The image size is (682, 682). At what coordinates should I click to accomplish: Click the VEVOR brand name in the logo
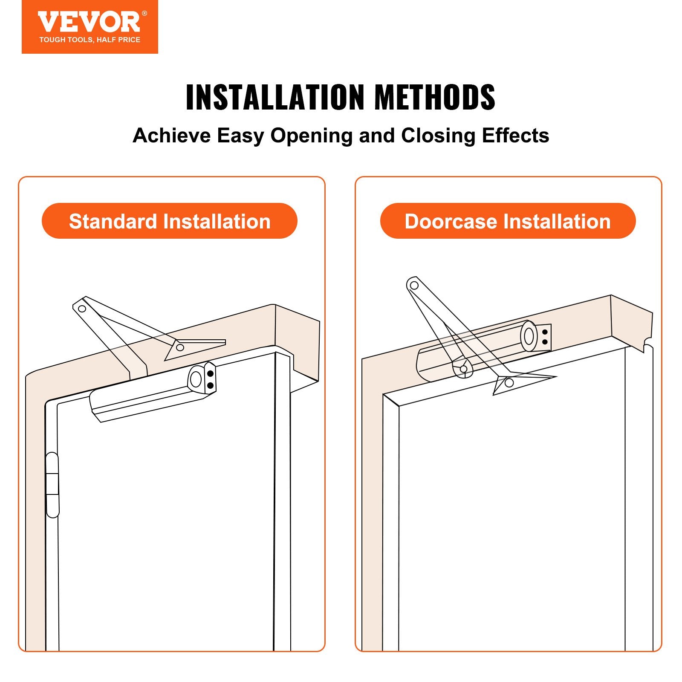tap(89, 22)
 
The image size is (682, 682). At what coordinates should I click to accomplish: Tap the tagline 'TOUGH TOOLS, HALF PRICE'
tap(90, 40)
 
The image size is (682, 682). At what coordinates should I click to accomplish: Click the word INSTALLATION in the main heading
tap(275, 98)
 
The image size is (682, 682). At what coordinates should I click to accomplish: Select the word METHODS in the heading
tap(434, 98)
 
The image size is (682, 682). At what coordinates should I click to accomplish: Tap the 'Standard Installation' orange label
tap(169, 221)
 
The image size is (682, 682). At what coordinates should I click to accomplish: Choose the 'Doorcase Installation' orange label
tap(507, 221)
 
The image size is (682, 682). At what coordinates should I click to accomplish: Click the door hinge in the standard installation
tap(52, 485)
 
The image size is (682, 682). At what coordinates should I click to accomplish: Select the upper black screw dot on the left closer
tap(210, 374)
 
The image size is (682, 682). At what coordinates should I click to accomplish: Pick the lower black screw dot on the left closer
tap(210, 385)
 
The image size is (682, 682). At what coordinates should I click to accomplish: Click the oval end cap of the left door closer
tap(196, 379)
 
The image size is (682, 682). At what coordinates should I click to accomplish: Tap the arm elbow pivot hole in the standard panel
tap(82, 309)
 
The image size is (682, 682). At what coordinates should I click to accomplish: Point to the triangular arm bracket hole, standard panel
tap(180, 347)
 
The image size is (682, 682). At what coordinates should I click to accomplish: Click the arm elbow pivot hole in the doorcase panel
tap(413, 285)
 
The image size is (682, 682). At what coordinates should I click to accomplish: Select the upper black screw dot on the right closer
tap(545, 332)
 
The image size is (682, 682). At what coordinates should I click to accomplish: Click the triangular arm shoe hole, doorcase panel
tap(509, 383)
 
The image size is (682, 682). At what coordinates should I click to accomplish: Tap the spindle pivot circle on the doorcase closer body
tap(463, 369)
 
